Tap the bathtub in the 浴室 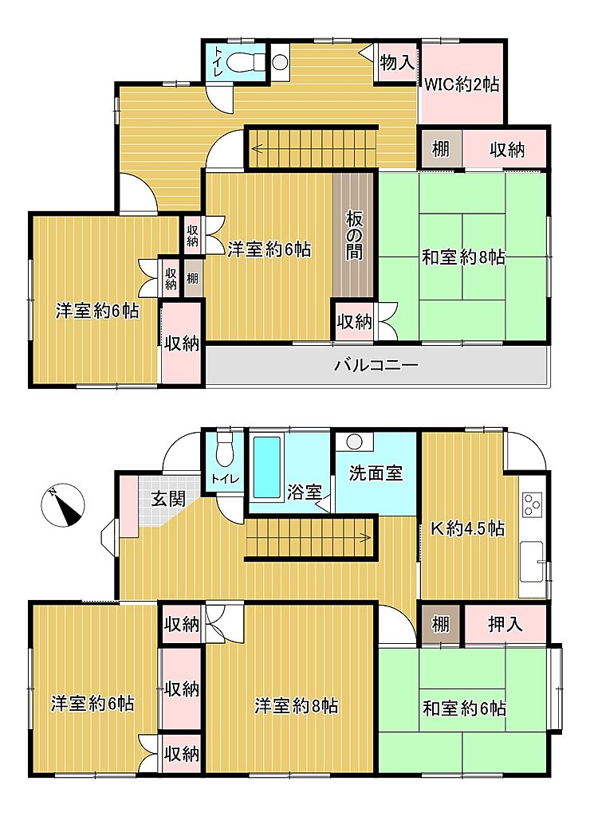pyautogui.click(x=267, y=467)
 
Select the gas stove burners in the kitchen pyautogui.click(x=532, y=504)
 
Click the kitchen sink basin pyautogui.click(x=531, y=562)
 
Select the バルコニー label pyautogui.click(x=376, y=365)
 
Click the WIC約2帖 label pyautogui.click(x=462, y=84)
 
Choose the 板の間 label pyautogui.click(x=354, y=236)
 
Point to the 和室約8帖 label pyautogui.click(x=463, y=257)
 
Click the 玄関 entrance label pyautogui.click(x=168, y=499)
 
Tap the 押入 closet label pyautogui.click(x=505, y=624)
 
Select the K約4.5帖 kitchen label pyautogui.click(x=467, y=528)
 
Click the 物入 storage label pyautogui.click(x=397, y=63)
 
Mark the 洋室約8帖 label pyautogui.click(x=297, y=706)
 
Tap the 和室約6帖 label pyautogui.click(x=463, y=708)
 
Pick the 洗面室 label pyautogui.click(x=376, y=473)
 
